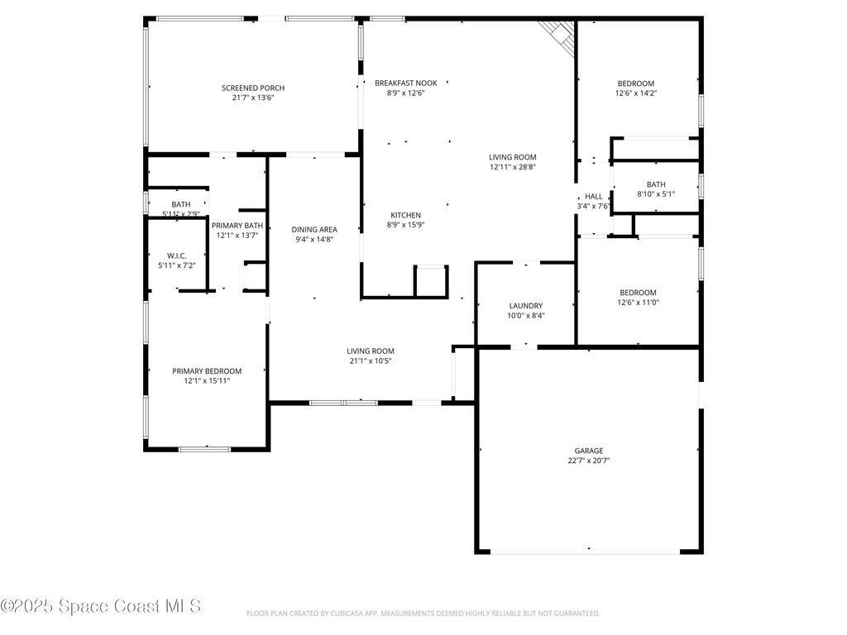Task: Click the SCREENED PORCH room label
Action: (252, 88)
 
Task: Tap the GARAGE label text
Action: (589, 451)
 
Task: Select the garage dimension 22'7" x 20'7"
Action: (589, 461)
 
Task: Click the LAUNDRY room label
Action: (525, 305)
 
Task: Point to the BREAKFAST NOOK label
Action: (405, 83)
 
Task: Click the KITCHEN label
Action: (405, 215)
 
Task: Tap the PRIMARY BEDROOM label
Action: (207, 371)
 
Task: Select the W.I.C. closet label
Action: (176, 255)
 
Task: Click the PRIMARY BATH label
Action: (237, 226)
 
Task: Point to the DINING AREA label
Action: (313, 229)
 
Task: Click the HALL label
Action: (594, 197)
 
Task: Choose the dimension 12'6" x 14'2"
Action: (635, 93)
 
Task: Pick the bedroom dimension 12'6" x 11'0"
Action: (638, 303)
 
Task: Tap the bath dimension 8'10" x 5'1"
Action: (656, 194)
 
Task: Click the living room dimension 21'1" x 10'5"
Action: (370, 360)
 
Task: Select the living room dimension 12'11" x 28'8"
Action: (512, 167)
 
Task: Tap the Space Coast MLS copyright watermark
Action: (101, 606)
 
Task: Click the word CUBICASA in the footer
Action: (333, 614)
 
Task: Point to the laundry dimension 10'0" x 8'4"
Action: (525, 315)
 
